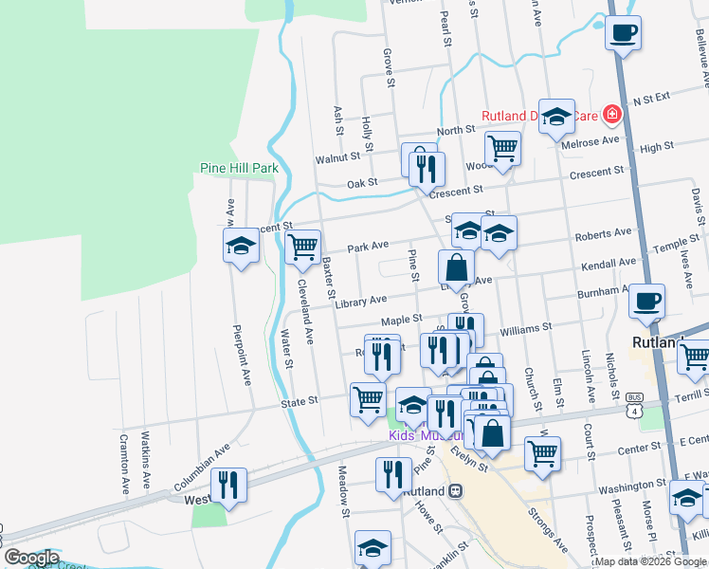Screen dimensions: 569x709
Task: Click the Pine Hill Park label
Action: tap(239, 168)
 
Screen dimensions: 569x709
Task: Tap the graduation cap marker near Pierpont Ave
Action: tap(241, 247)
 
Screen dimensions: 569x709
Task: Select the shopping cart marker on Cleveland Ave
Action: tap(302, 247)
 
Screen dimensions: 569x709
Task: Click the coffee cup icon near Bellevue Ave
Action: tap(623, 33)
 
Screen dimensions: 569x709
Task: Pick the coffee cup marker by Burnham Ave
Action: tap(646, 302)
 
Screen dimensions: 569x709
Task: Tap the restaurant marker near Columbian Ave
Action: tap(228, 485)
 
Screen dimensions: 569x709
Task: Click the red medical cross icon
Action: tap(611, 116)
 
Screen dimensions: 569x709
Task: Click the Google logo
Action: tap(31, 558)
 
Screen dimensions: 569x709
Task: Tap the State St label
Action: tap(299, 402)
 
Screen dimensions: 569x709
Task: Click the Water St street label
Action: tap(285, 350)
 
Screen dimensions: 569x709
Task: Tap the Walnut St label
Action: tap(337, 156)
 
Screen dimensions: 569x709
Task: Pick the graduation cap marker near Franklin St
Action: tap(373, 548)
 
